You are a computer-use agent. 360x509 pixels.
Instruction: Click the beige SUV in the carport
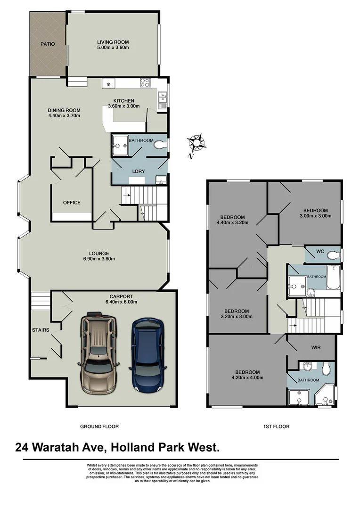pos(98,353)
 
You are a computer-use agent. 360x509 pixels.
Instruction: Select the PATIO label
pos(47,44)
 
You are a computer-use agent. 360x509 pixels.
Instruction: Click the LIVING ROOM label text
pos(113,41)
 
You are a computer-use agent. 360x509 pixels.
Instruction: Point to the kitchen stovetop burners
pos(145,83)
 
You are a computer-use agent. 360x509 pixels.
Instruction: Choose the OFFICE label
pos(72,203)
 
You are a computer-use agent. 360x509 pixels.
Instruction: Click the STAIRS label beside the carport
pos(41,330)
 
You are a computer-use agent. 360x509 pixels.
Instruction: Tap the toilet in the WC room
pos(333,255)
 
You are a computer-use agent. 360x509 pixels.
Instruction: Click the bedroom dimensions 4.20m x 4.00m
pos(247,378)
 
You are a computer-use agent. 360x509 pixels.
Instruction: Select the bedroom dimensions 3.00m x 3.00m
pos(315,216)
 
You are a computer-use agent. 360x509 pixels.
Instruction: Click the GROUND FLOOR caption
pos(99,427)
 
